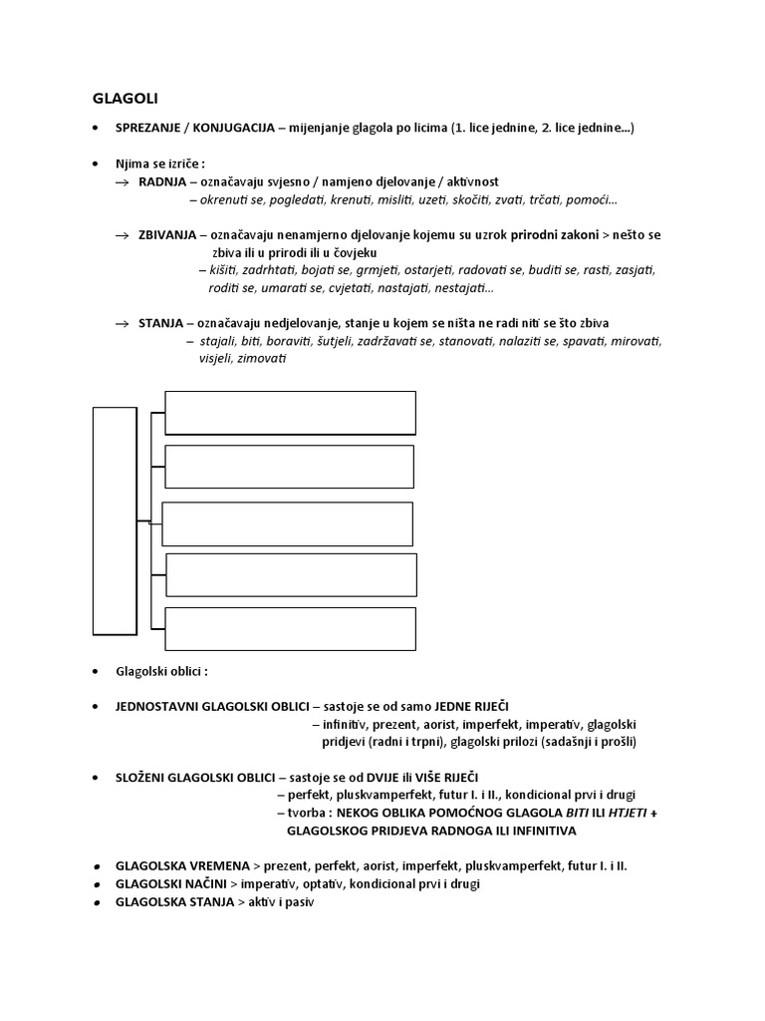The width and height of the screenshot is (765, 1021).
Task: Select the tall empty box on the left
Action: [x=115, y=520]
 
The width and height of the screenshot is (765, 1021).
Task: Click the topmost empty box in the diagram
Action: [x=290, y=413]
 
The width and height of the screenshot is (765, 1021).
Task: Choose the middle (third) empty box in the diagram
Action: [x=287, y=524]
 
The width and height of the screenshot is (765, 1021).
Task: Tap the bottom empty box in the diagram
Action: [x=291, y=628]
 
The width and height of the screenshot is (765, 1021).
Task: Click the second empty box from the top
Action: [x=289, y=467]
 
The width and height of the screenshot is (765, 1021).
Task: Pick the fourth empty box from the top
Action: [x=291, y=574]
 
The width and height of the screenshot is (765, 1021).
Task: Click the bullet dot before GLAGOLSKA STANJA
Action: [x=95, y=901]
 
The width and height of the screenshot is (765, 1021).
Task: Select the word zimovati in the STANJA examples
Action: [x=260, y=359]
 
